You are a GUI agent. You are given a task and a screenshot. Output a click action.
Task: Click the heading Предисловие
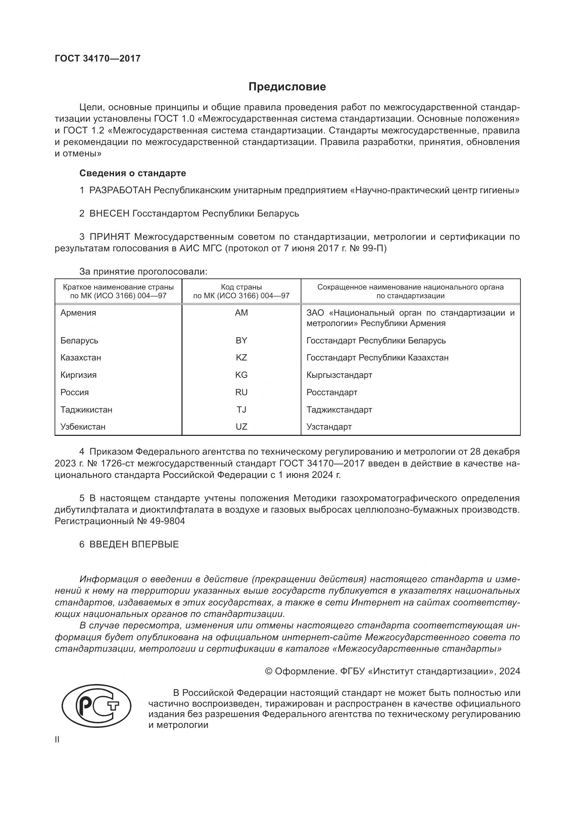click(287, 87)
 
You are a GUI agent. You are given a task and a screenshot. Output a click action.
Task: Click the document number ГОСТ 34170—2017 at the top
click(98, 58)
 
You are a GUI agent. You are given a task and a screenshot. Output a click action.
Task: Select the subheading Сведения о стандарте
click(132, 173)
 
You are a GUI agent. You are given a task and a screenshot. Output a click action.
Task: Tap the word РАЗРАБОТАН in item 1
click(120, 190)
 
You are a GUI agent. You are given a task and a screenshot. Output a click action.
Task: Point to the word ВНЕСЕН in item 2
click(110, 213)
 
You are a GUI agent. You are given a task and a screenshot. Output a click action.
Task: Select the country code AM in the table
click(241, 313)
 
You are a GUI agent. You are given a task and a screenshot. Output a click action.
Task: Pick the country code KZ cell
click(241, 357)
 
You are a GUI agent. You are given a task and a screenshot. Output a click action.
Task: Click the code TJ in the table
click(241, 410)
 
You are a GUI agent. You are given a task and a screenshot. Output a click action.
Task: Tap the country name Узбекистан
click(83, 427)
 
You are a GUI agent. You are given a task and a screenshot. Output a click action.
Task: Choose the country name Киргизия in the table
click(78, 375)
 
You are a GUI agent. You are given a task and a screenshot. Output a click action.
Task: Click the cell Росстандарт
click(332, 392)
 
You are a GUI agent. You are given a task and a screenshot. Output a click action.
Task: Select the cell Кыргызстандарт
click(339, 375)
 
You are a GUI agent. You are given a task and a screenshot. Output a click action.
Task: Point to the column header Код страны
click(241, 287)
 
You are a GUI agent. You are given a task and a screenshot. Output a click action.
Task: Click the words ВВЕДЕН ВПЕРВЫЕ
click(134, 544)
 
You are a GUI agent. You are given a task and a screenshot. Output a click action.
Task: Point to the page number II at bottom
click(57, 740)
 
